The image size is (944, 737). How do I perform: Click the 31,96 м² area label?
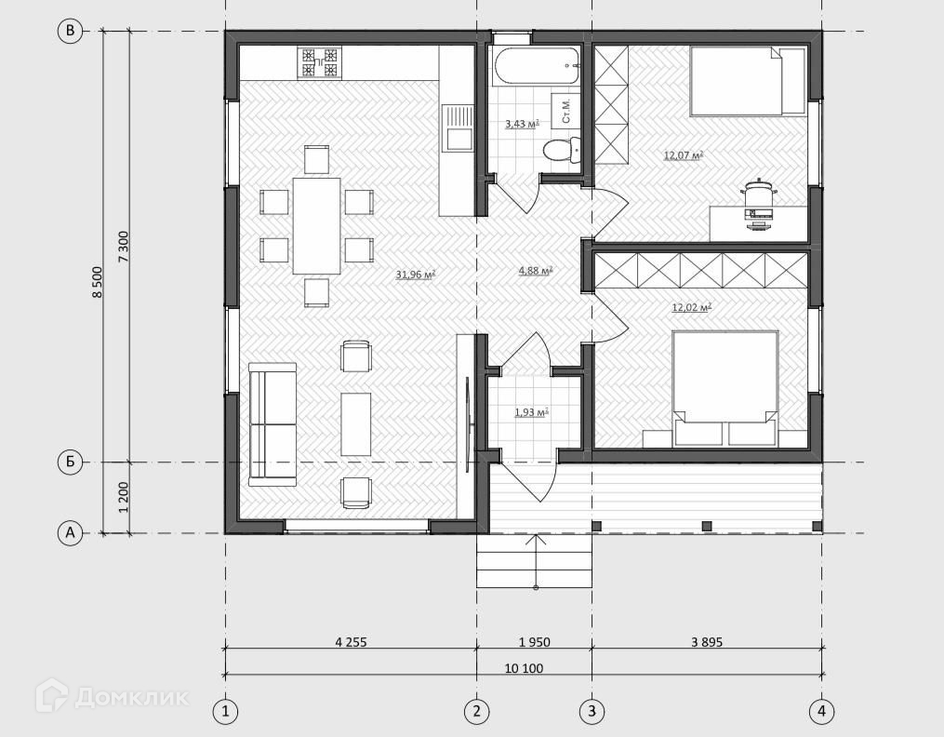click(416, 275)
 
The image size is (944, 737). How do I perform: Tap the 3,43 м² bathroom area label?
click(522, 124)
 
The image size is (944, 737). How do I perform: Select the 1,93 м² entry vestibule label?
click(531, 412)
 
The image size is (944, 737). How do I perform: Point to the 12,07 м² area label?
click(684, 155)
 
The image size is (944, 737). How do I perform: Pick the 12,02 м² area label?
click(692, 307)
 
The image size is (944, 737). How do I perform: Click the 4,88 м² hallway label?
click(536, 271)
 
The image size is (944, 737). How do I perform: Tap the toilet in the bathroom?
click(562, 149)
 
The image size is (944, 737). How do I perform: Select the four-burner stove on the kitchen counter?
click(319, 62)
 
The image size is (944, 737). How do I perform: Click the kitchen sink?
click(458, 127)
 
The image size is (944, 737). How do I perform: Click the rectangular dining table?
click(316, 226)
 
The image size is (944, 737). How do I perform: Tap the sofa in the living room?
click(273, 424)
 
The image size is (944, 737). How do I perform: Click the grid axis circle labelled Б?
click(70, 462)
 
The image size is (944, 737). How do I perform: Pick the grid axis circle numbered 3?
click(592, 711)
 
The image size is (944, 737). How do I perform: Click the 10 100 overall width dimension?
click(524, 668)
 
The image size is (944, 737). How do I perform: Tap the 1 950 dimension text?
click(535, 642)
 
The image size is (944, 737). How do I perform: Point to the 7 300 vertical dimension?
click(124, 247)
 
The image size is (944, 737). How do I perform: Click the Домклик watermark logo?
click(113, 697)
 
